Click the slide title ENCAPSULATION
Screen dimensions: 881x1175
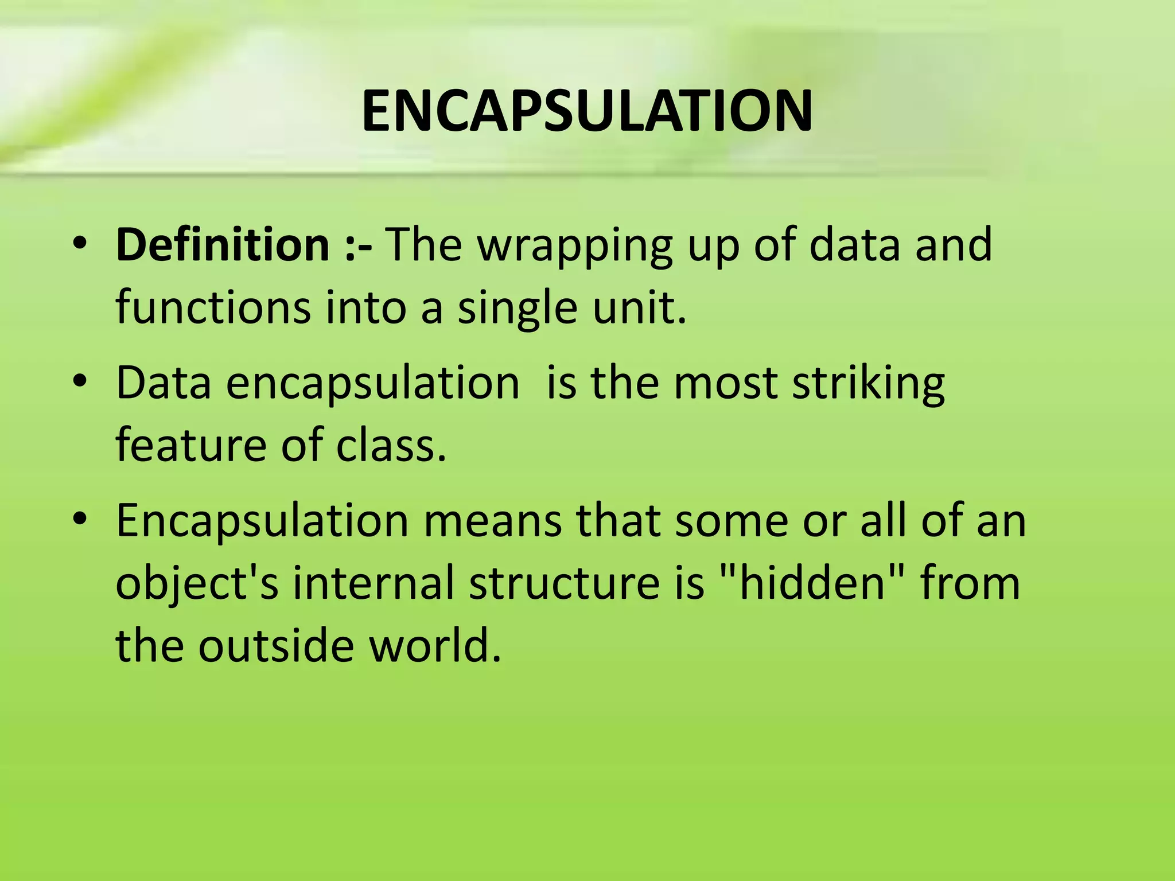tap(587, 111)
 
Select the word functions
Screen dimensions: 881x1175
tap(213, 307)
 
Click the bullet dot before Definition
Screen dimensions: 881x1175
tap(80, 243)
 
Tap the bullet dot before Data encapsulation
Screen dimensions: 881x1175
tap(80, 381)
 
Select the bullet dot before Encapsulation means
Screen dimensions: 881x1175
tap(80, 519)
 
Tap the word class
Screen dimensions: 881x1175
tap(390, 445)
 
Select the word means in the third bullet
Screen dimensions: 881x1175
tap(493, 521)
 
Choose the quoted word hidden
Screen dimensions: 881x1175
tap(811, 583)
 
